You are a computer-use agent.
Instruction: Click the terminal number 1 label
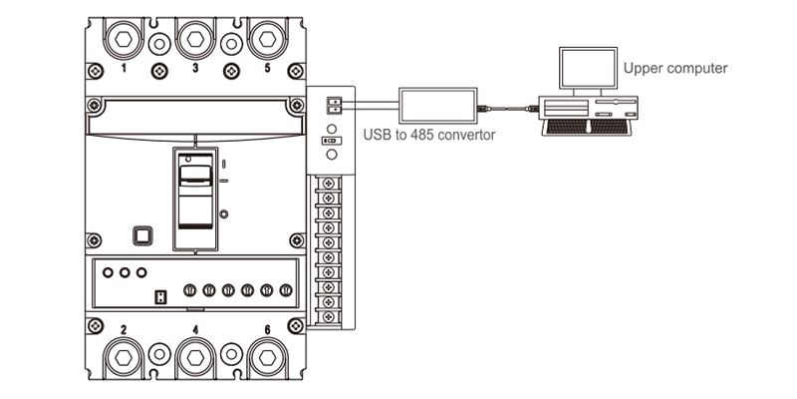(x=123, y=70)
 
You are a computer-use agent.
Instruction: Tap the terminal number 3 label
(x=195, y=70)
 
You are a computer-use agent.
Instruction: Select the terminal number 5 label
(x=267, y=70)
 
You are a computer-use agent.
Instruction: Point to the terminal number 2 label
(x=123, y=329)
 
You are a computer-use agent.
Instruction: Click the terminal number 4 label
(x=195, y=329)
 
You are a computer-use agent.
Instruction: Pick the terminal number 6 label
(x=267, y=329)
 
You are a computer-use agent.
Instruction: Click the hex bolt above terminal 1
(x=123, y=40)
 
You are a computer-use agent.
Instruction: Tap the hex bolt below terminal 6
(x=266, y=358)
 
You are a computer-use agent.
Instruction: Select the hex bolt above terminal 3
(x=195, y=40)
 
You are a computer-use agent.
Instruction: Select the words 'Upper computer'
(x=674, y=69)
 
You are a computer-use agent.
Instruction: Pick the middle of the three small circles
(x=125, y=272)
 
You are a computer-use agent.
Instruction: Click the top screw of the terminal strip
(x=325, y=185)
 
